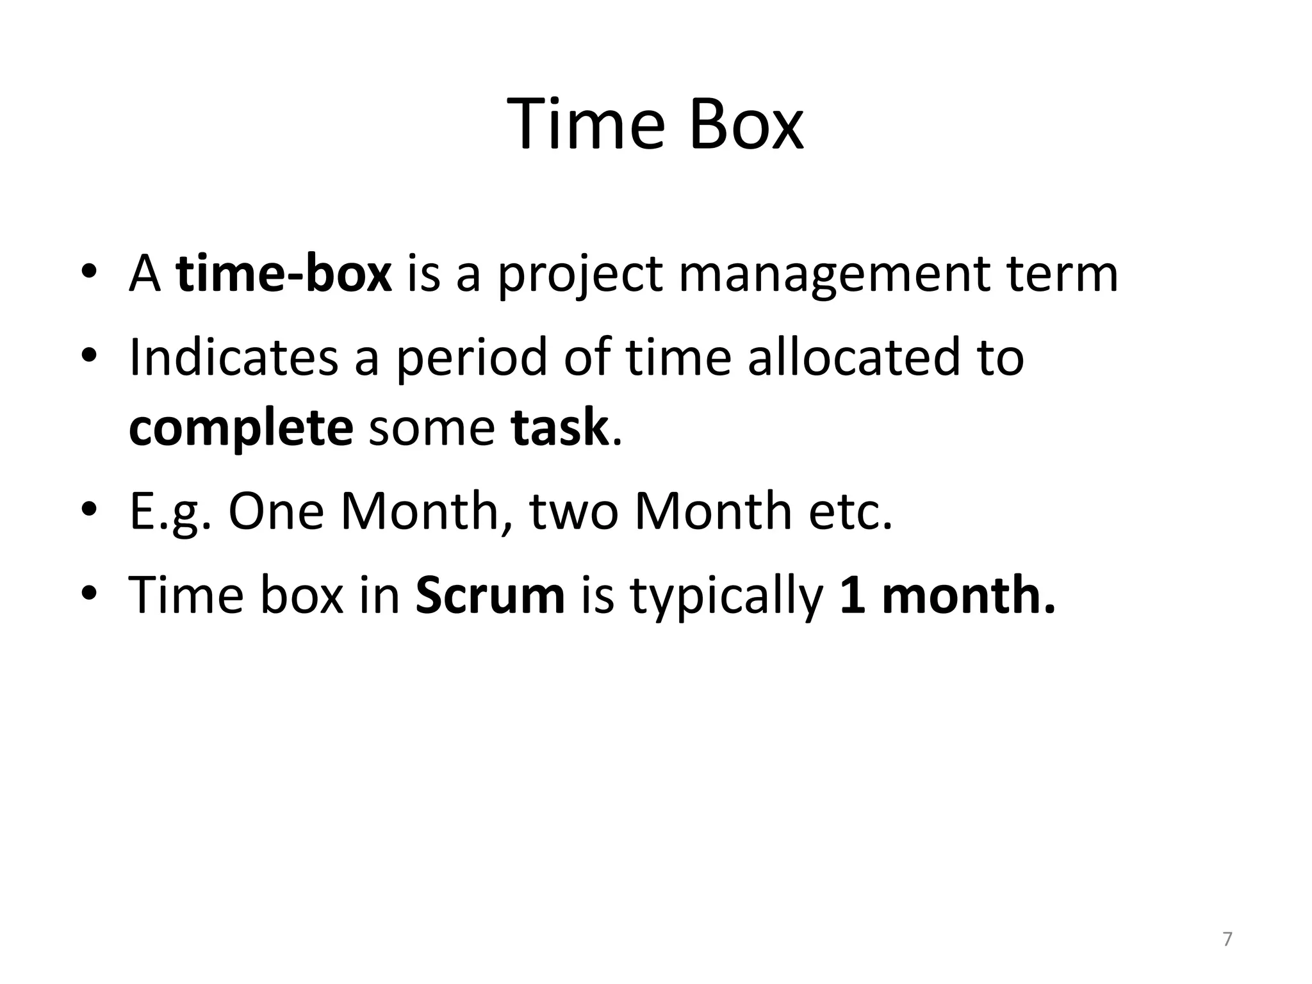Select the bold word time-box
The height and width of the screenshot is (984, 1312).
[283, 274]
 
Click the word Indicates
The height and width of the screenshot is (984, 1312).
[233, 357]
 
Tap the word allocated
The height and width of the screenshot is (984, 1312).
[854, 357]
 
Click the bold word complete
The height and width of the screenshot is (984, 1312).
[241, 429]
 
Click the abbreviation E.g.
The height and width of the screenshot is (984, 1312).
[170, 512]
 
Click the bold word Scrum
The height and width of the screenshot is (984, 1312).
[490, 595]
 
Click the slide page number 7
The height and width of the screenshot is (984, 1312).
[1227, 939]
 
